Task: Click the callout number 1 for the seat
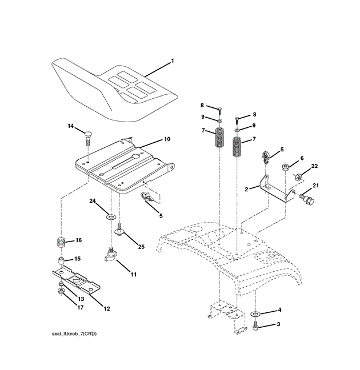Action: (x=172, y=61)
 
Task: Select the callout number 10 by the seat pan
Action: (x=167, y=139)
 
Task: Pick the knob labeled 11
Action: (x=111, y=255)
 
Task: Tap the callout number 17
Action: (x=81, y=308)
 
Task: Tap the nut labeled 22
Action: (x=297, y=177)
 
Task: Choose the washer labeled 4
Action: (x=255, y=313)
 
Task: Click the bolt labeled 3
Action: (x=256, y=326)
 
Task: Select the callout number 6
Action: (x=302, y=158)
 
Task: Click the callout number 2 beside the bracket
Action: (x=246, y=188)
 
